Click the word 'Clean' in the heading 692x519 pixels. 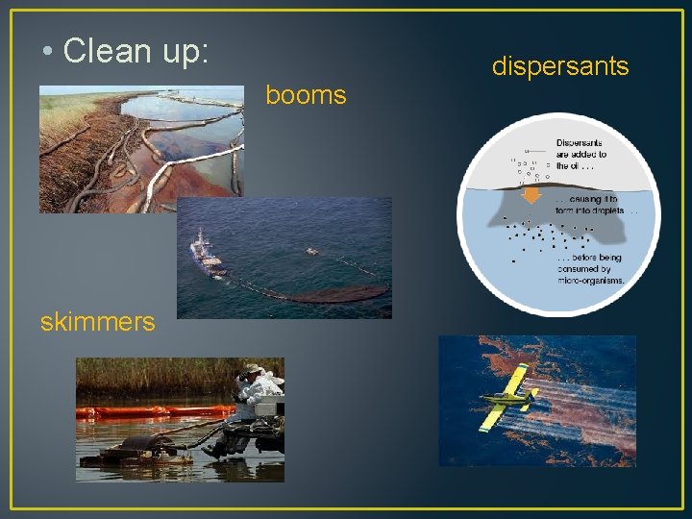click(x=104, y=52)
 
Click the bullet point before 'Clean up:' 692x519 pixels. click(x=47, y=53)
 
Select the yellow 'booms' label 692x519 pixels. click(x=306, y=95)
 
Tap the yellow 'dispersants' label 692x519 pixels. click(x=560, y=66)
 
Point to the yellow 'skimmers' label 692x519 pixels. click(x=97, y=322)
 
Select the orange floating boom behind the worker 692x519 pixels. click(x=144, y=411)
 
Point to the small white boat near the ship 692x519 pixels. click(x=310, y=252)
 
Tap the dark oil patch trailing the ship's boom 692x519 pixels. click(x=336, y=293)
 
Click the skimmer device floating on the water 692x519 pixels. click(x=144, y=445)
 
